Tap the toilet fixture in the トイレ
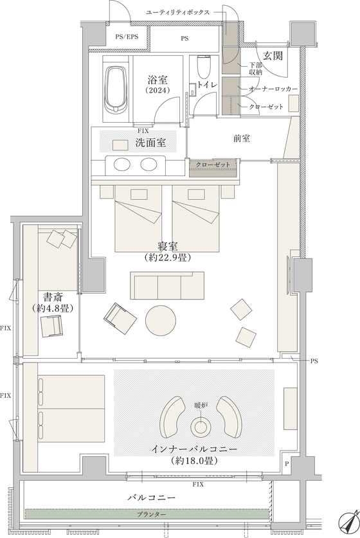click(204, 67)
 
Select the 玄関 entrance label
click(273, 56)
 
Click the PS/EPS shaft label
click(127, 37)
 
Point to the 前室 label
click(242, 139)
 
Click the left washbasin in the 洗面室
click(122, 165)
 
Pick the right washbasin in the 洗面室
click(148, 165)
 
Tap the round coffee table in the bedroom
click(161, 320)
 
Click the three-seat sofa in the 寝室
click(167, 285)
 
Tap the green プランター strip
click(147, 515)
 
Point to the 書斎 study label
click(53, 297)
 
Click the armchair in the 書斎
click(52, 327)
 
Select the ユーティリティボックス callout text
click(178, 12)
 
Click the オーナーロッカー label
click(273, 89)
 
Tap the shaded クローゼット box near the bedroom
click(213, 168)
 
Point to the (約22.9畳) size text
click(168, 257)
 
